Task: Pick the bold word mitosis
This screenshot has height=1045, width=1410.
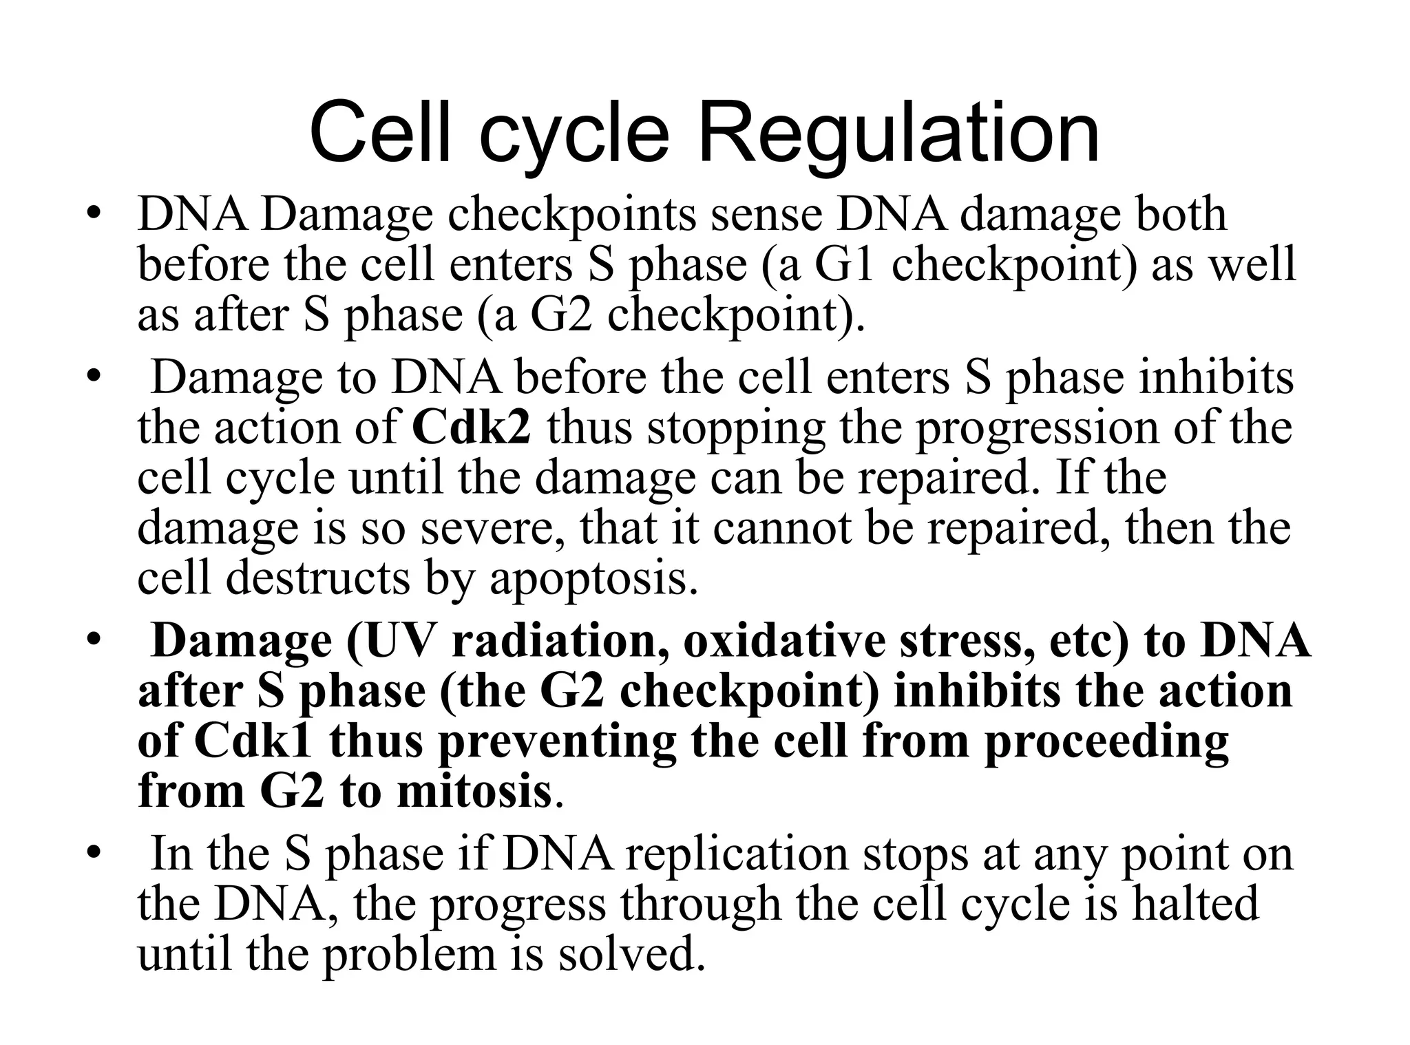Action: coord(474,792)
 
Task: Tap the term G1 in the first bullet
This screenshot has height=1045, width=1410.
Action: coord(845,265)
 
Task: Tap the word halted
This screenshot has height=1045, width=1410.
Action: coord(1195,904)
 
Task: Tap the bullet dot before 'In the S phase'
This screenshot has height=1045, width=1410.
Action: coord(94,854)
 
